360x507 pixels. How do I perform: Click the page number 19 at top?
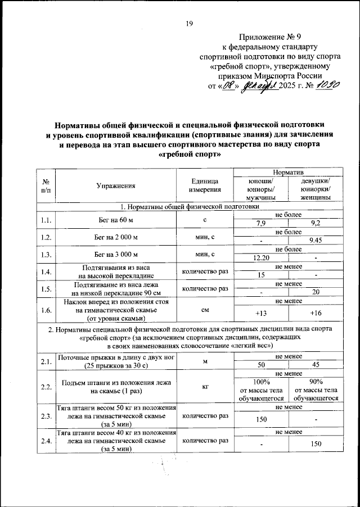(189, 23)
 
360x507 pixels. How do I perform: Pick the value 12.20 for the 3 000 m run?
(260, 257)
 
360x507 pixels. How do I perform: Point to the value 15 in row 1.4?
(260, 275)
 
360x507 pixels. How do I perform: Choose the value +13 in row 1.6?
(260, 313)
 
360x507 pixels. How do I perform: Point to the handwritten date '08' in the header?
(228, 87)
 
